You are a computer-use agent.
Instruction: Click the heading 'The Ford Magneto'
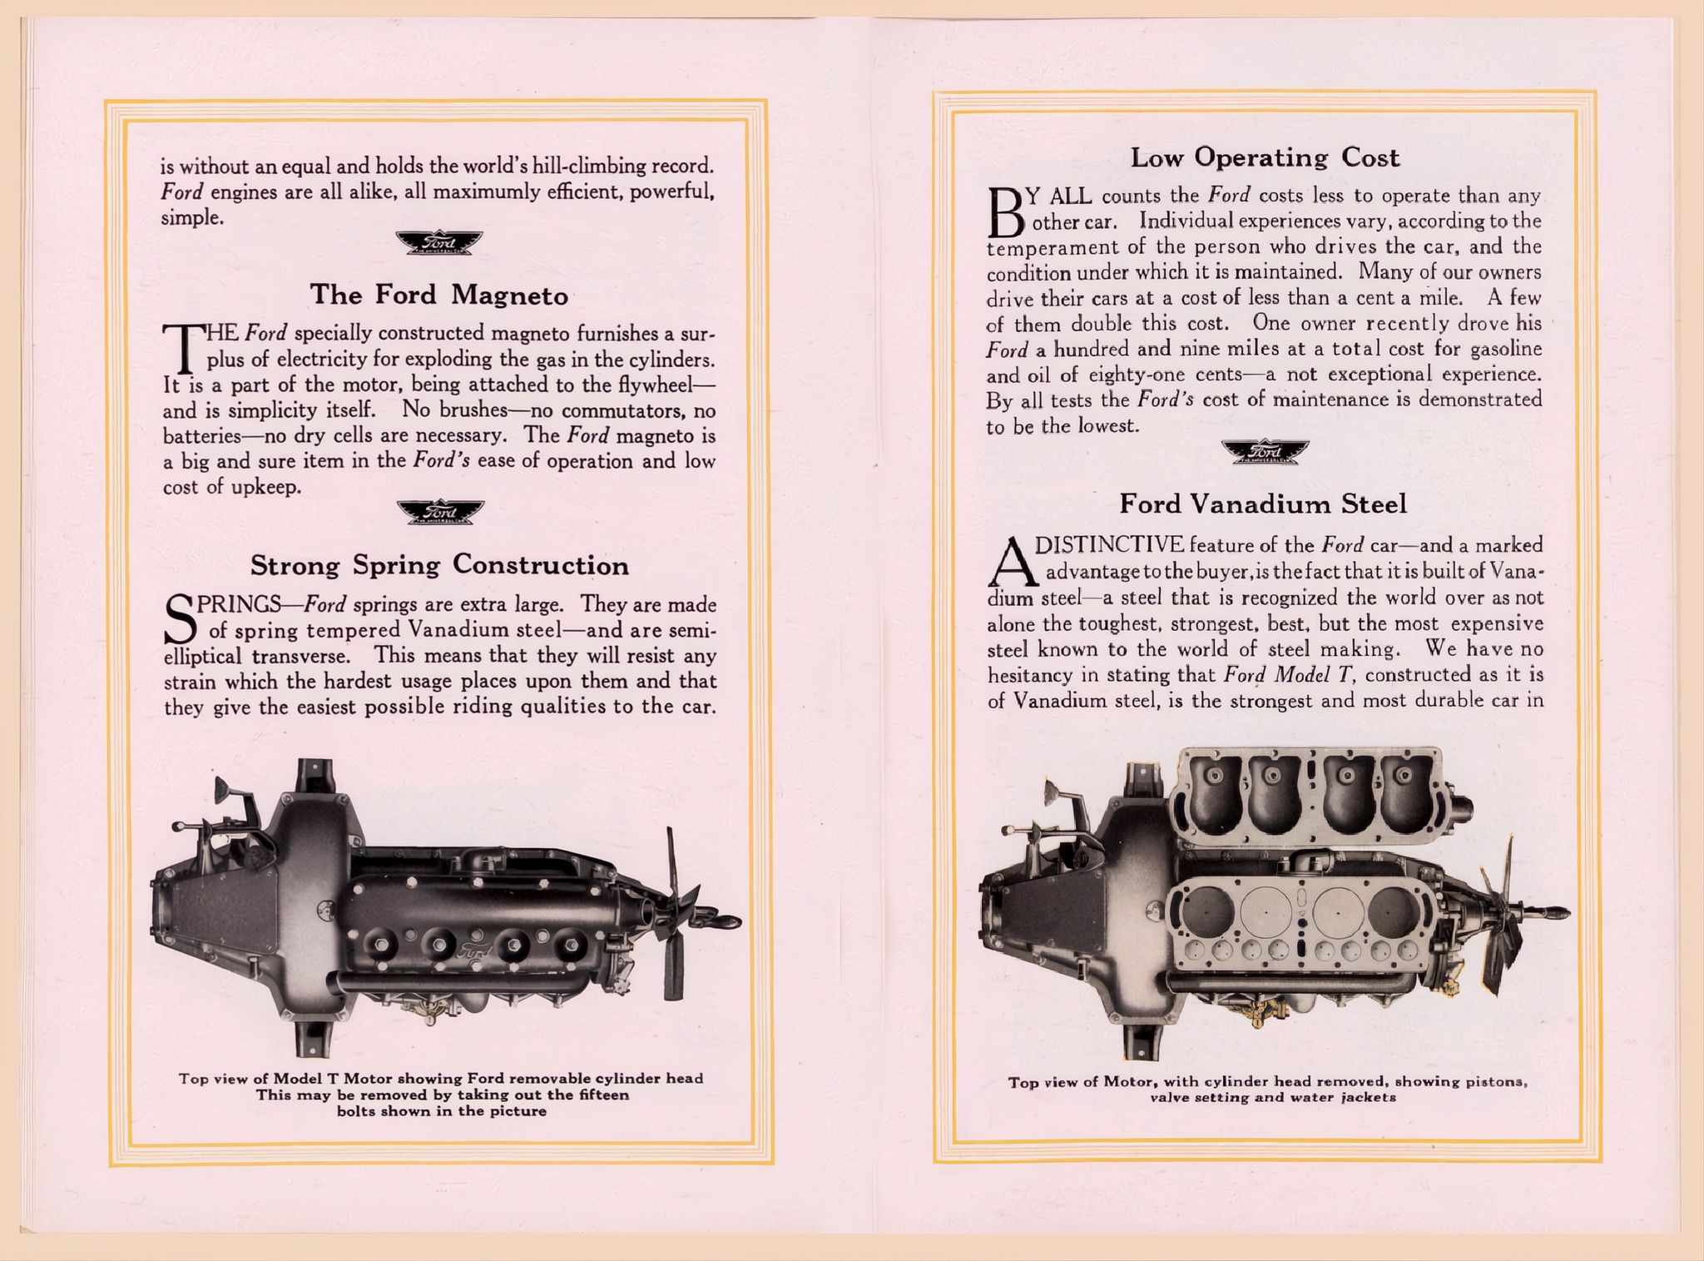pyautogui.click(x=438, y=295)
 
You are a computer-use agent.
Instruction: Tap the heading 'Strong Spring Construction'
pyautogui.click(x=439, y=565)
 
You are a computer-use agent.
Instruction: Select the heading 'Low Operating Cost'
pyautogui.click(x=1265, y=157)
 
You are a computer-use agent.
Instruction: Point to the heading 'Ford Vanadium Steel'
pyautogui.click(x=1263, y=504)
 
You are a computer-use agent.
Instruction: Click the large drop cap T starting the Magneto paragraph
pyautogui.click(x=181, y=348)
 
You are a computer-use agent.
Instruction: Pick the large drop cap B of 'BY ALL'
pyautogui.click(x=1004, y=211)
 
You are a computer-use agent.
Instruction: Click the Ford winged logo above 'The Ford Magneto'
pyautogui.click(x=439, y=242)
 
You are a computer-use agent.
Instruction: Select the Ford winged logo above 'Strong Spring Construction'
pyautogui.click(x=439, y=512)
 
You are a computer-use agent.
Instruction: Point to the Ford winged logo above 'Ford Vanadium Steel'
pyautogui.click(x=1265, y=451)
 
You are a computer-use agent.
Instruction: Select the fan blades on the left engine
pyautogui.click(x=672, y=916)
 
